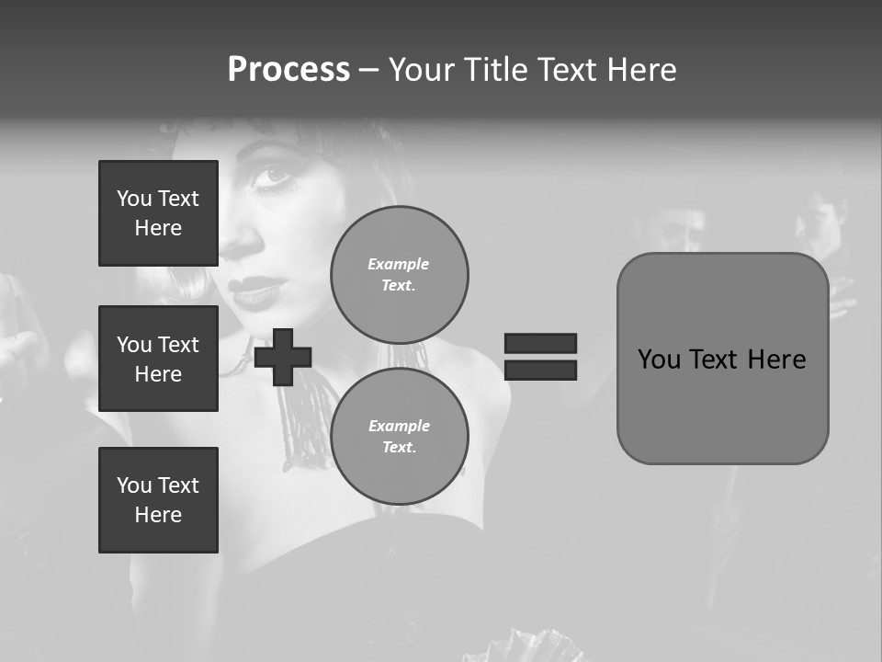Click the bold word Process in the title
click(288, 69)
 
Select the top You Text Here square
click(158, 213)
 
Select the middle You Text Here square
click(158, 359)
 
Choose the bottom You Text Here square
click(158, 499)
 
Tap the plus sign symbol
click(283, 356)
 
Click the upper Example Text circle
click(399, 274)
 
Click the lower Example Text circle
click(399, 436)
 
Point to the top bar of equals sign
click(540, 343)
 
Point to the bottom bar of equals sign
click(540, 370)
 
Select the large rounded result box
click(722, 359)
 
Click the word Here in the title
click(639, 69)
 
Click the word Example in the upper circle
click(399, 264)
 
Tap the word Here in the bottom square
click(158, 515)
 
